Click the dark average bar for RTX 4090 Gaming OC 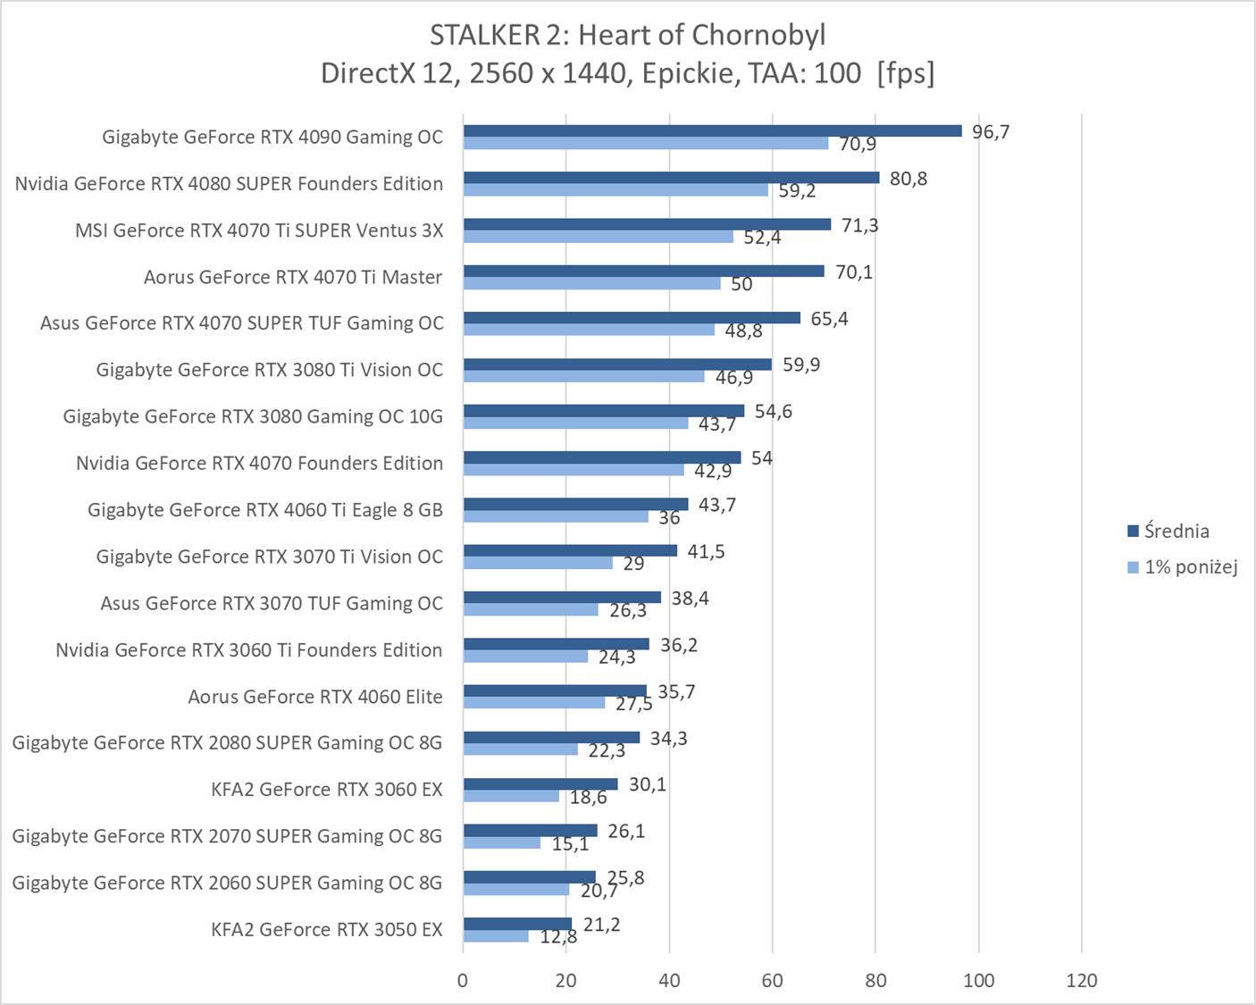(712, 131)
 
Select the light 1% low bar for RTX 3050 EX (496, 936)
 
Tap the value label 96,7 (991, 132)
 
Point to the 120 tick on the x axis (1081, 981)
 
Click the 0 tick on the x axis (463, 981)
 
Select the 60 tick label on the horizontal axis (772, 981)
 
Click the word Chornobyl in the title (758, 35)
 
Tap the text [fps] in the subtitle (905, 72)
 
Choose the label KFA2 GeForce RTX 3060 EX (327, 790)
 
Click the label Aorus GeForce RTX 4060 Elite (315, 697)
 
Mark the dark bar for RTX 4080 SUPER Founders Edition (671, 178)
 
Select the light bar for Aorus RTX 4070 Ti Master (591, 283)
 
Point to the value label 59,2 (797, 191)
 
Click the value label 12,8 (558, 937)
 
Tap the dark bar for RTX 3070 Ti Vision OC (570, 550)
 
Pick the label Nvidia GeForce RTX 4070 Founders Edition (259, 464)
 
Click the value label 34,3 (668, 739)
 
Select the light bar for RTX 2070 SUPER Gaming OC (501, 842)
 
